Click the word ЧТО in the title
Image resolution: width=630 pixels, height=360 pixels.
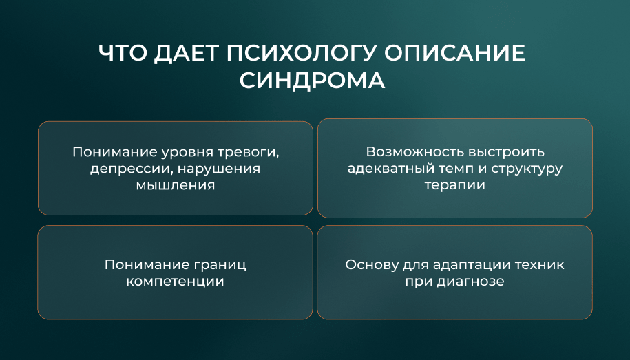[123, 53]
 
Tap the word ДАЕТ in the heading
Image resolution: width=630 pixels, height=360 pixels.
[186, 54]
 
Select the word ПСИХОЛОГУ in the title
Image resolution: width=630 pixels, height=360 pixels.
[302, 53]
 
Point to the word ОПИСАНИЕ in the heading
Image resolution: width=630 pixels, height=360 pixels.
[454, 53]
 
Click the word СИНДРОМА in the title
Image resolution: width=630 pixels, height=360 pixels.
[312, 81]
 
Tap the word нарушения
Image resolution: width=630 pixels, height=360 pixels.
[219, 169]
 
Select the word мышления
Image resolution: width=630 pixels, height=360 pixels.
[175, 185]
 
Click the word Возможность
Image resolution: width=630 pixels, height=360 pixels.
[415, 152]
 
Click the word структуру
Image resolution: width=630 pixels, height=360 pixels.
[527, 169]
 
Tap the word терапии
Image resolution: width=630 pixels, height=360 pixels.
[455, 186]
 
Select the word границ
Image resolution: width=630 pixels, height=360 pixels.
[220, 265]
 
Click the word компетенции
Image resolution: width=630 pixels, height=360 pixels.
[175, 282]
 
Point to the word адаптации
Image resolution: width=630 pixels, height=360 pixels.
[472, 265]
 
